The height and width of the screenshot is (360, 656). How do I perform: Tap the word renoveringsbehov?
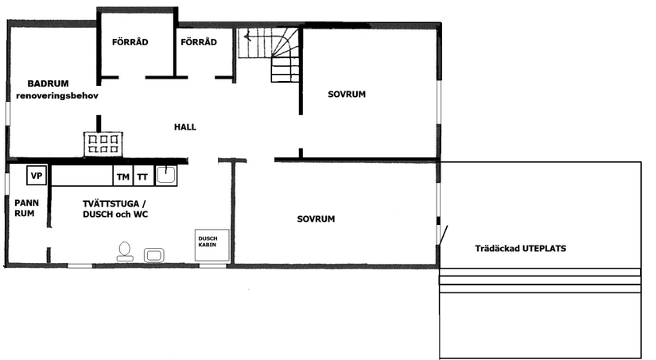(x=56, y=95)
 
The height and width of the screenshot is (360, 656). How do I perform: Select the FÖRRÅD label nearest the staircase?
(x=199, y=41)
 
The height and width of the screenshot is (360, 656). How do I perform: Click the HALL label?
(x=185, y=127)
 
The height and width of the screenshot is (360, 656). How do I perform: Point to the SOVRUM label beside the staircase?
(x=346, y=95)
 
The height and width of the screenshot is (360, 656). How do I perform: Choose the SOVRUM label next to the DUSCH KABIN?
(x=316, y=219)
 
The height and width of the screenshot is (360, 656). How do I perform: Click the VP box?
(x=37, y=175)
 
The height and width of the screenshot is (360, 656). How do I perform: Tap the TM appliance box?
(x=122, y=176)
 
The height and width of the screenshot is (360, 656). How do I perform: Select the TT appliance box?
(x=143, y=176)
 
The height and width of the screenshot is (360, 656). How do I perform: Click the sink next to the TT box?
(x=166, y=175)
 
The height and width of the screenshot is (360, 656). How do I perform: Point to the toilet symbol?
(x=125, y=251)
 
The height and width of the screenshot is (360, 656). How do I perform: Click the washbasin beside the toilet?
(x=153, y=254)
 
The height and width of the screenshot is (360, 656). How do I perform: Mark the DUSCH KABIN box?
(x=213, y=245)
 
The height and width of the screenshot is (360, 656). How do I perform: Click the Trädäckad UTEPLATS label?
(x=520, y=248)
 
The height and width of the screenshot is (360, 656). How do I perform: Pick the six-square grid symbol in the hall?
(x=104, y=143)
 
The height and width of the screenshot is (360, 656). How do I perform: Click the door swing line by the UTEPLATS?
(x=443, y=235)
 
